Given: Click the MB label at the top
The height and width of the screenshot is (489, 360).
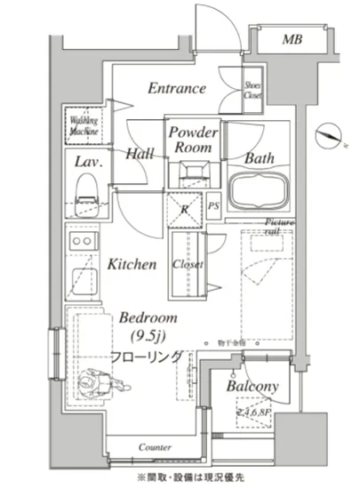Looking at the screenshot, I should (x=292, y=40).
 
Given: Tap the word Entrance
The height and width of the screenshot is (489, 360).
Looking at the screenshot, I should (x=177, y=89).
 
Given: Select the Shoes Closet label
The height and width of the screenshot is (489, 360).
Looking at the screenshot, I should (x=252, y=90).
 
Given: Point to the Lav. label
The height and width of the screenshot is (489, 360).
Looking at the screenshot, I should (x=86, y=163).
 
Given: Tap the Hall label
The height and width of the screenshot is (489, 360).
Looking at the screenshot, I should (x=140, y=154).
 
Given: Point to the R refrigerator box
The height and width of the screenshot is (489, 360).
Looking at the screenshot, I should (x=184, y=209).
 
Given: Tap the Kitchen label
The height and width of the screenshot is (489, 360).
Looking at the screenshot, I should (x=132, y=264).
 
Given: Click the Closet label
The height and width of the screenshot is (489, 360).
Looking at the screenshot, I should (x=188, y=265).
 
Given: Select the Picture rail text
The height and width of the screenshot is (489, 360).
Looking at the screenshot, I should (x=278, y=227).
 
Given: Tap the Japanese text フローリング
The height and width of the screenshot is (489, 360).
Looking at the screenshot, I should (x=148, y=356).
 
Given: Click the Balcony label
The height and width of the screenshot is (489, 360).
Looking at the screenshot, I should (x=252, y=387).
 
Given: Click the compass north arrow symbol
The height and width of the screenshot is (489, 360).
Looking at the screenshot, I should (x=332, y=135).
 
